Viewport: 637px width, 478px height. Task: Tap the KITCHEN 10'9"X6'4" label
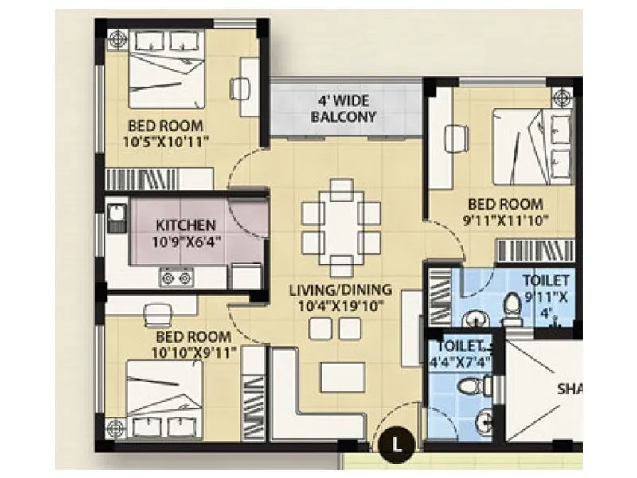click(x=185, y=232)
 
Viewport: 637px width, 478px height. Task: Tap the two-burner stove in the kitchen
click(x=177, y=277)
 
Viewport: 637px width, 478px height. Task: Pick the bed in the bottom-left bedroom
click(x=164, y=395)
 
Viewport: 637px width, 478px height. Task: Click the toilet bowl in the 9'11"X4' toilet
click(x=513, y=311)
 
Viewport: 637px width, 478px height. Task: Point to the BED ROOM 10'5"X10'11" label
click(x=166, y=133)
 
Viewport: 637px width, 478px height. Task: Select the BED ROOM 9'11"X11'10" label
click(x=505, y=211)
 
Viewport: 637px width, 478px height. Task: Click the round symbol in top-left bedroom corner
click(x=118, y=38)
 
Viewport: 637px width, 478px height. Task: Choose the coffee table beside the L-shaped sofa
click(x=342, y=377)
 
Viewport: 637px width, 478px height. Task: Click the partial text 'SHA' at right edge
click(x=567, y=390)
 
